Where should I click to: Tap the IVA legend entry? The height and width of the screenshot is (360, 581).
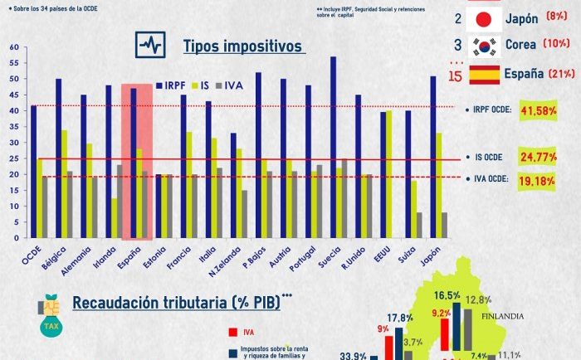232,85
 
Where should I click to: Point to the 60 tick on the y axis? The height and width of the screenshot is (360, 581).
14,47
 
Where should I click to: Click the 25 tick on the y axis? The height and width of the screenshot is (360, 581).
14,158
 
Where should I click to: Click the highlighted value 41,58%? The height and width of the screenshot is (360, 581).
537,109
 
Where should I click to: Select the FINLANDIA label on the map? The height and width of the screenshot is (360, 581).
508,315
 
